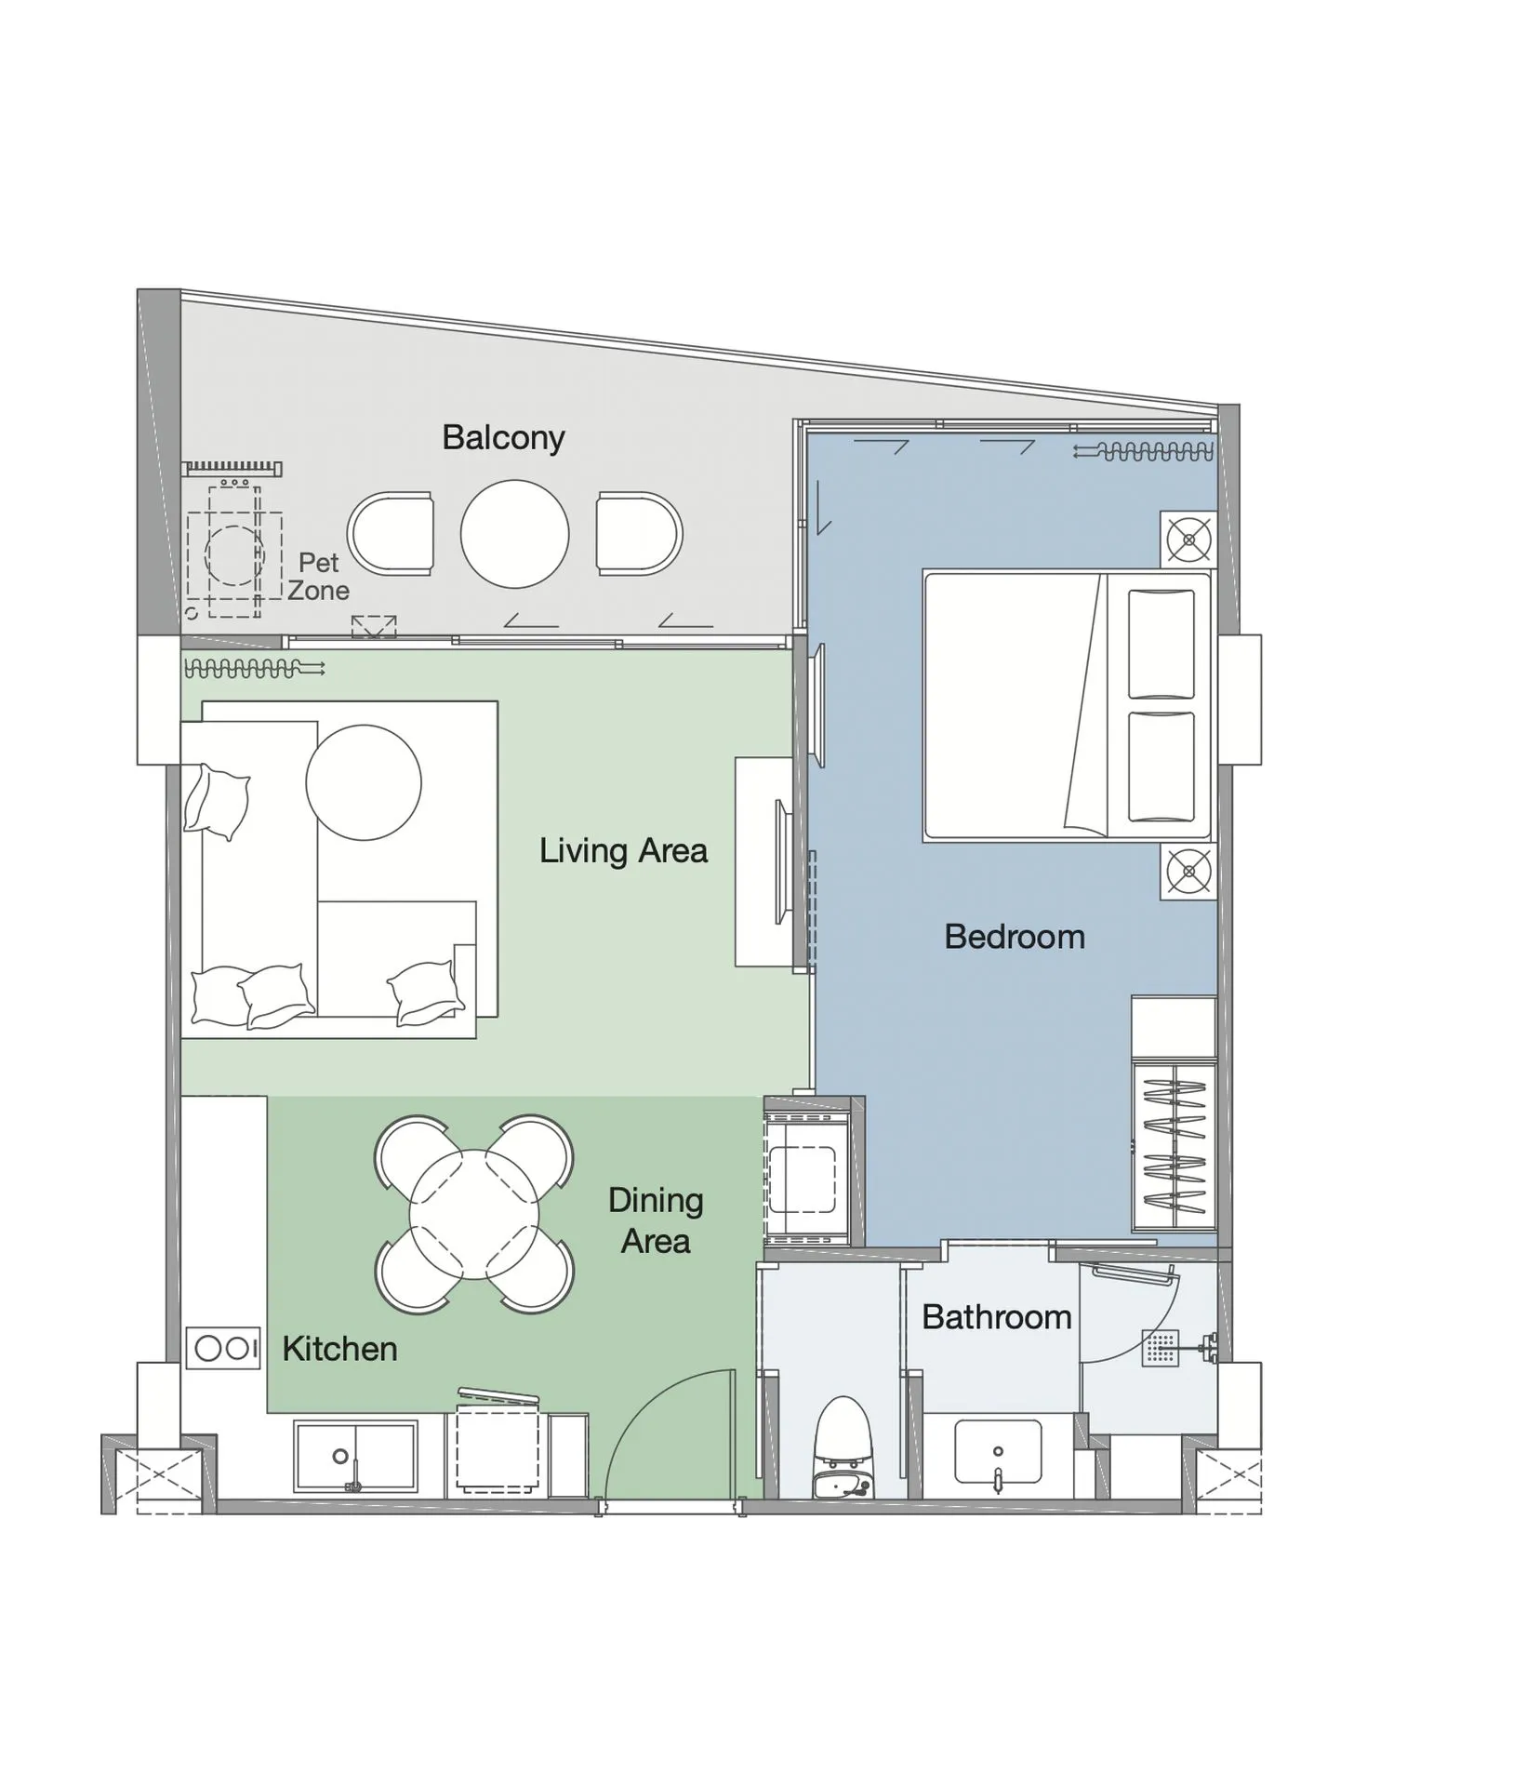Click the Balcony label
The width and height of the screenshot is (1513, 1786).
click(x=503, y=437)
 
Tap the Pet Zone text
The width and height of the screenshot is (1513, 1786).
click(x=318, y=576)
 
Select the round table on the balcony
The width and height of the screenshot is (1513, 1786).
click(x=514, y=534)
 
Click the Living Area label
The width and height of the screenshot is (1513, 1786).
click(x=623, y=850)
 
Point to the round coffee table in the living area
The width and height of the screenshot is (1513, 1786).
click(x=363, y=782)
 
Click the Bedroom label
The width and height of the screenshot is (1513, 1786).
click(x=1015, y=936)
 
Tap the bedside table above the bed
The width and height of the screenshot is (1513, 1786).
click(x=1188, y=539)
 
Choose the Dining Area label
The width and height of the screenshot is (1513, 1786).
click(x=656, y=1220)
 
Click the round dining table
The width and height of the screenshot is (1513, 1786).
click(x=473, y=1215)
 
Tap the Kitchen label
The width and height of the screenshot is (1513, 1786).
click(x=339, y=1349)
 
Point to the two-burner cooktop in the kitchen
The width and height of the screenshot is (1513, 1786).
click(x=223, y=1348)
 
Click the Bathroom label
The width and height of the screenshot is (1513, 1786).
click(x=996, y=1317)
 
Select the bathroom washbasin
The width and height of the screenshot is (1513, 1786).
click(x=998, y=1451)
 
